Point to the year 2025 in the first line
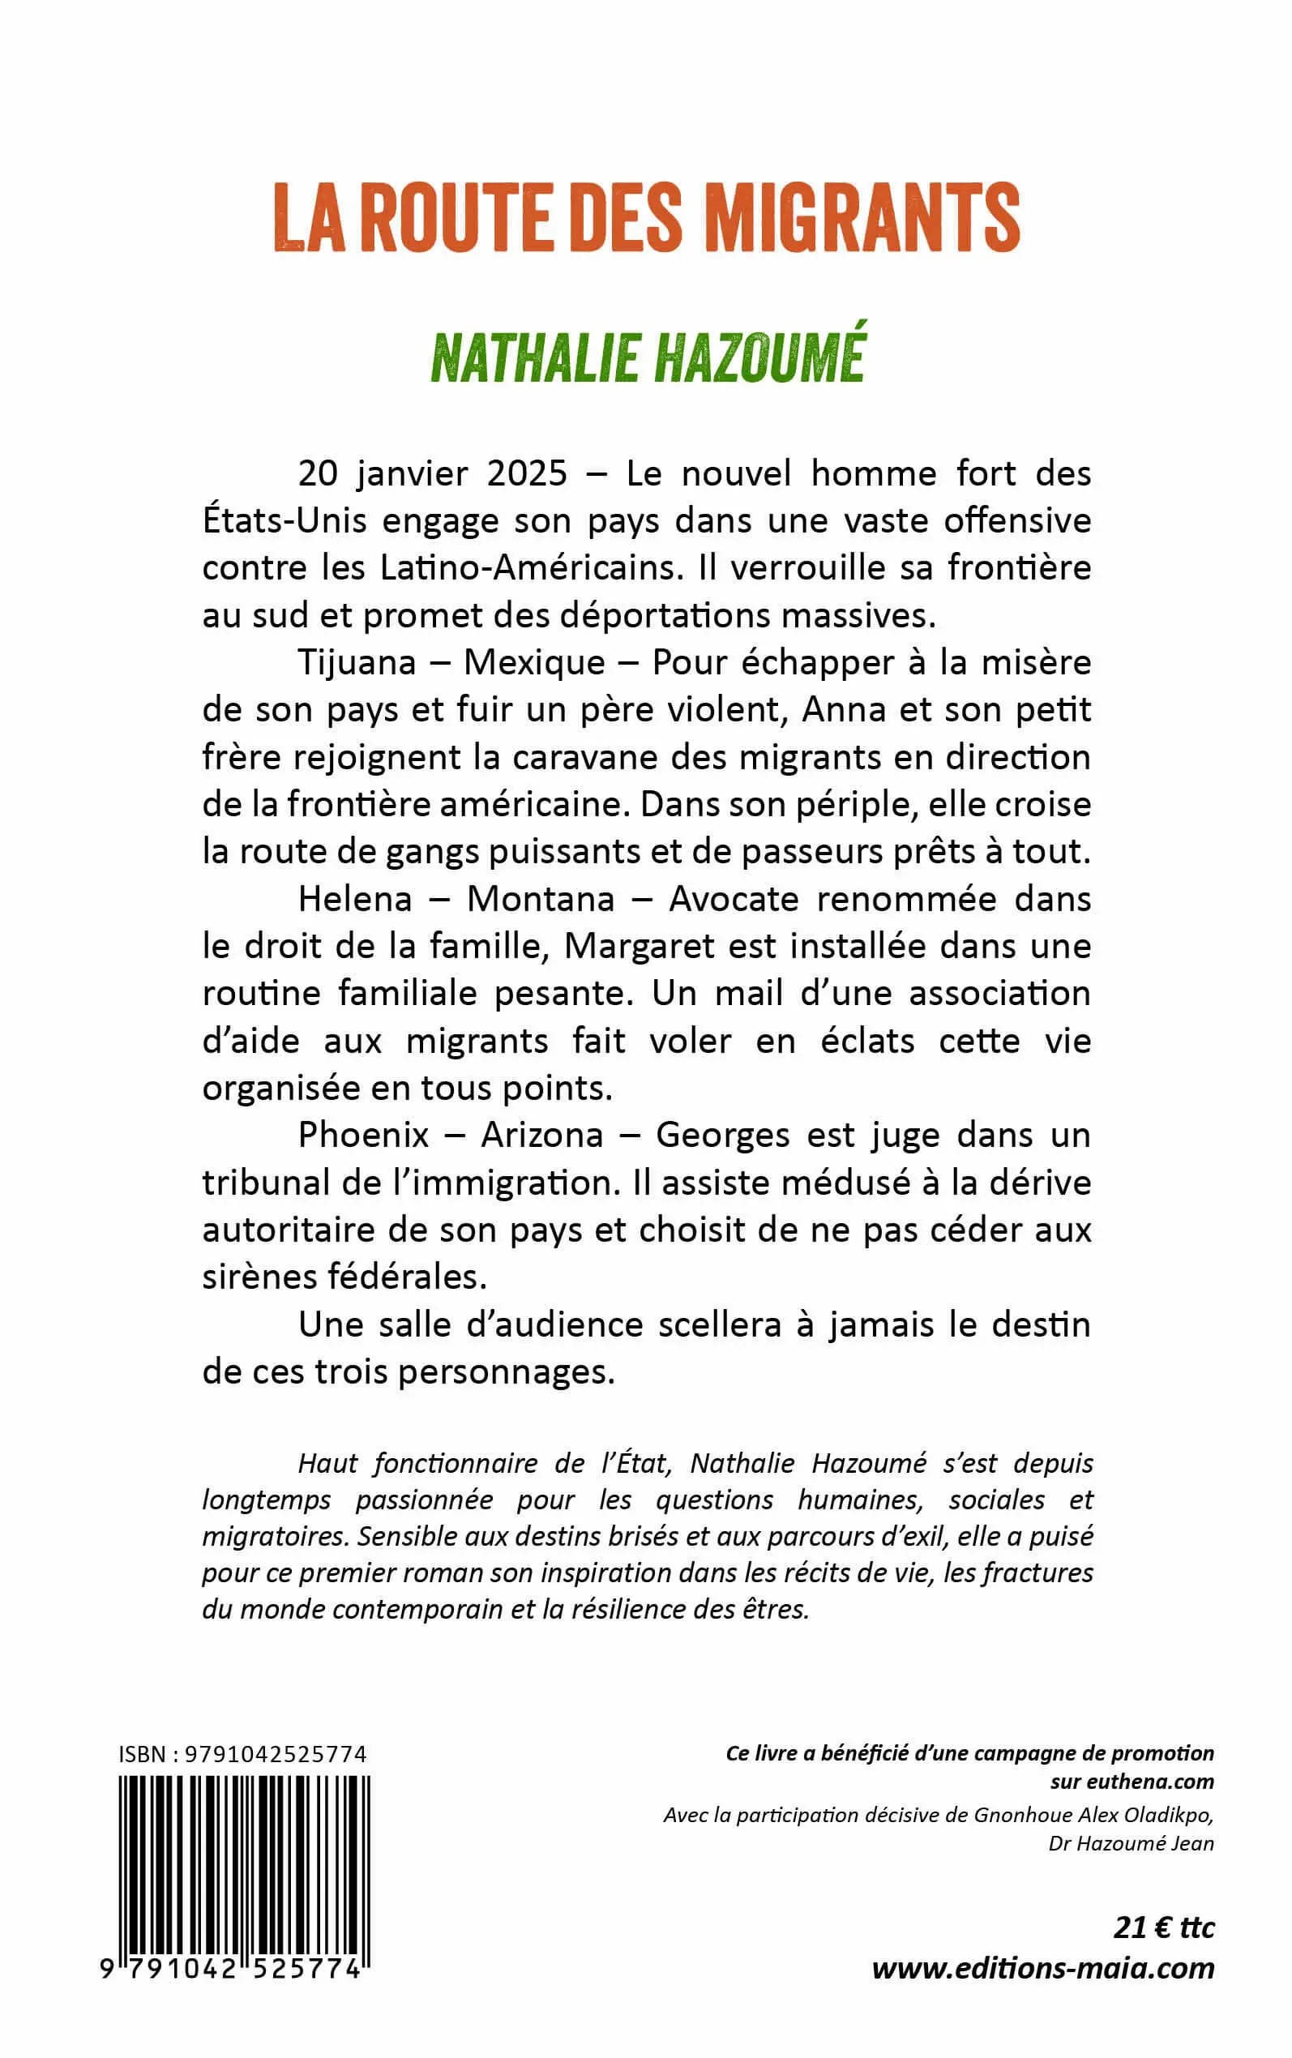(526, 473)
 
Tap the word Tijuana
(357, 663)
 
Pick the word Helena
(355, 900)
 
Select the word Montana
(540, 900)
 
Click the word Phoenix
(363, 1136)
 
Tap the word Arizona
(541, 1136)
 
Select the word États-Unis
(267, 521)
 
